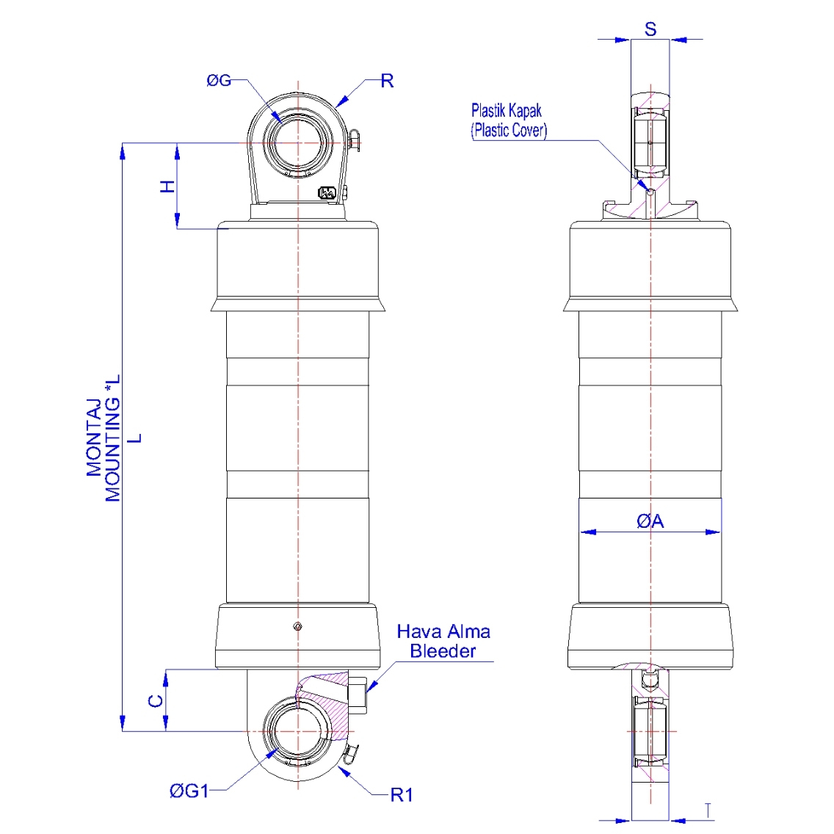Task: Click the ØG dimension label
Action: point(219,81)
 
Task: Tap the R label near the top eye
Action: point(387,81)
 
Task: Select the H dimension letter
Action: point(168,186)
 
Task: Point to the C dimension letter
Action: point(155,700)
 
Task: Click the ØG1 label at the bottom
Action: point(189,791)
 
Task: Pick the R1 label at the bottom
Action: point(402,794)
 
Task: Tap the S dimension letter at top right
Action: point(650,29)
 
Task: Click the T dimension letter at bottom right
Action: point(708,811)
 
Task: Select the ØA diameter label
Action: point(650,521)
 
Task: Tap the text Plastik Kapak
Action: point(507,111)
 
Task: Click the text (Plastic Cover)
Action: point(509,131)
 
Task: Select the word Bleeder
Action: point(443,651)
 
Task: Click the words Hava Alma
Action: point(443,631)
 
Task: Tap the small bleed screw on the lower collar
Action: point(297,626)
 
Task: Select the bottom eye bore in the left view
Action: point(297,731)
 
